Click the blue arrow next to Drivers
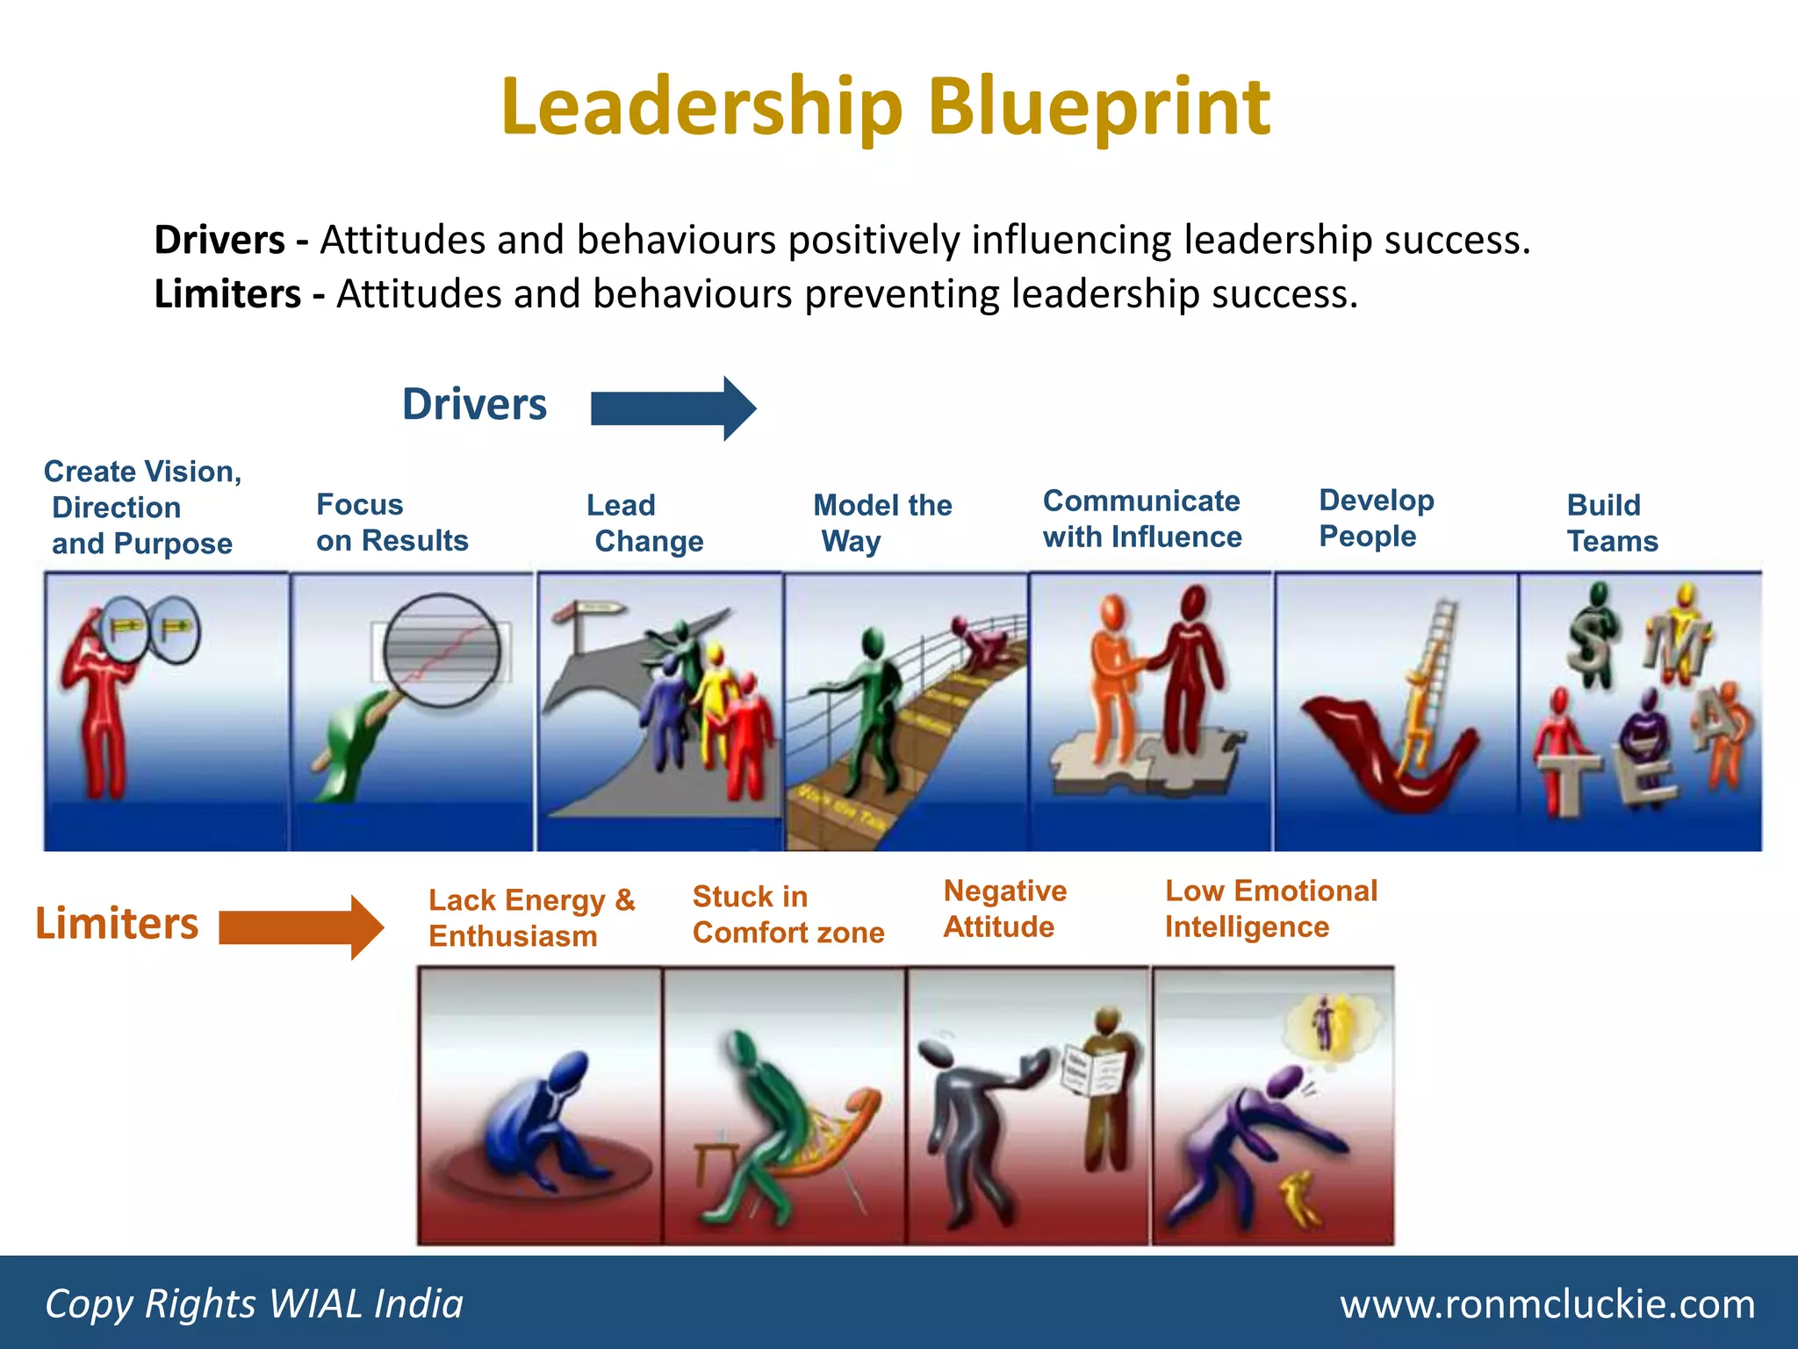(x=672, y=408)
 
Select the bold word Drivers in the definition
(x=219, y=240)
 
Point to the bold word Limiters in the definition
(x=227, y=294)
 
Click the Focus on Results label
(x=392, y=523)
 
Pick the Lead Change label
(x=644, y=523)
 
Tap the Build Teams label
(x=1612, y=523)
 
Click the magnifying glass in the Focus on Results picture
(x=442, y=651)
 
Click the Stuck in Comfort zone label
(x=788, y=915)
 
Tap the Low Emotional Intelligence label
(x=1270, y=909)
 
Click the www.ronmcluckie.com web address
(x=1547, y=1304)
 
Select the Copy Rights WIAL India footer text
(x=254, y=1304)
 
